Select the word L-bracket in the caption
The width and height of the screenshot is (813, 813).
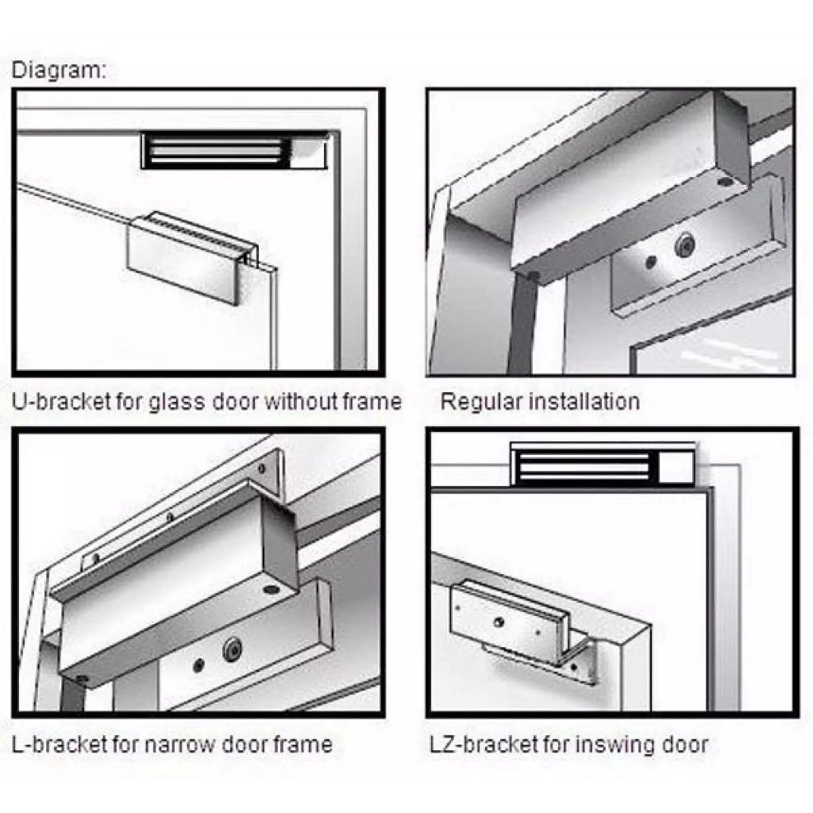[x=59, y=745]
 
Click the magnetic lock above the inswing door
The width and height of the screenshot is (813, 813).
[x=603, y=464]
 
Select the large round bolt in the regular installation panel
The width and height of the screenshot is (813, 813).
[x=686, y=245]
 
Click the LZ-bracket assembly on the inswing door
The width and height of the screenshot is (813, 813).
[x=521, y=629]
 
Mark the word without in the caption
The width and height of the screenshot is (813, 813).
[x=299, y=402]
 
